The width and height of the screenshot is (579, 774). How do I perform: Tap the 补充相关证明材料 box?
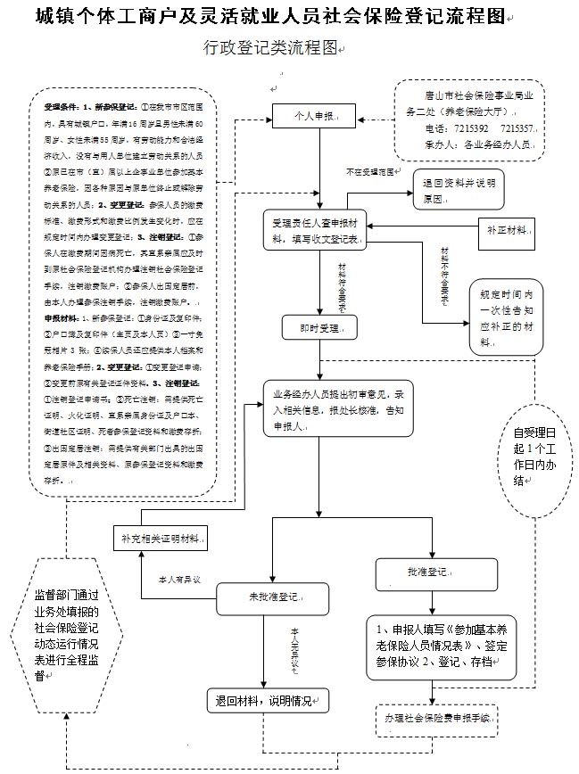tap(161, 538)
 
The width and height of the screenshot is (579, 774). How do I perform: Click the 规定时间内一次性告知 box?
tap(509, 317)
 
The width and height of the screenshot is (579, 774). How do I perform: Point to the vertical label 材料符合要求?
tap(343, 284)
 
